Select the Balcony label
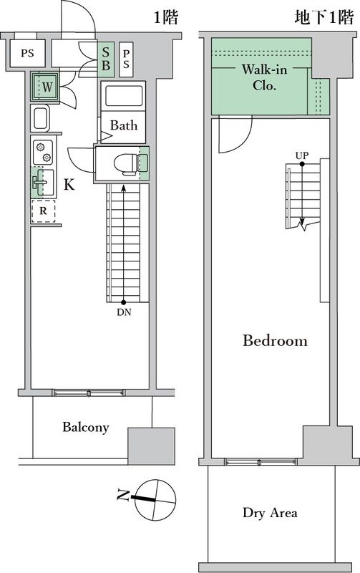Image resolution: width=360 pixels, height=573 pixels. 85,428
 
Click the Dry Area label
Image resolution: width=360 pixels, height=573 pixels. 270,513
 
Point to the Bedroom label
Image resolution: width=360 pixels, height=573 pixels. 275,341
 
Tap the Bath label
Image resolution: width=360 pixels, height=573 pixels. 123,125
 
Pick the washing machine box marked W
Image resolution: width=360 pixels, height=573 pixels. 47,87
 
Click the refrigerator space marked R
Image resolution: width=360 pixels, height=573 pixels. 43,212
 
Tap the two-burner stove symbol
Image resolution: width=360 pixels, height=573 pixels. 42,151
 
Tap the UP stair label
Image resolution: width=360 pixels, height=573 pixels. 301,155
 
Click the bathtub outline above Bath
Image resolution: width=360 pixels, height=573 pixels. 125,96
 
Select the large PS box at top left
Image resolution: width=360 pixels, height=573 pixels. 27,53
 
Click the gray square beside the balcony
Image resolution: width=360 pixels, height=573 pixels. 151,446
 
